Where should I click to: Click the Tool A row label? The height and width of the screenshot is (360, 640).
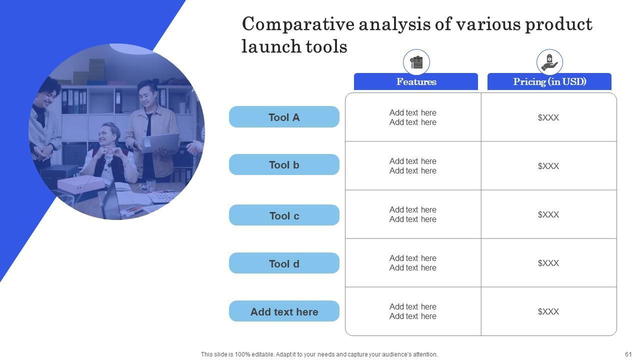point(284,117)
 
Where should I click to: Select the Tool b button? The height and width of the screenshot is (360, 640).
point(284,164)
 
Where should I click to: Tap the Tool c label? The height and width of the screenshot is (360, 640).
point(284,215)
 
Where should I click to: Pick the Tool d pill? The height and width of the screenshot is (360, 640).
point(284,263)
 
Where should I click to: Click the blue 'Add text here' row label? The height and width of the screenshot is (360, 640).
point(284,311)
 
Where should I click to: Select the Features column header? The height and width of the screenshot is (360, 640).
point(415,81)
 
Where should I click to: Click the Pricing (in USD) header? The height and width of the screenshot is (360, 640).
point(549,81)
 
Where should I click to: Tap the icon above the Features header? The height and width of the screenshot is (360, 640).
point(416,62)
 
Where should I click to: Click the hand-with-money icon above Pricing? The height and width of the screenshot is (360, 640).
point(549,62)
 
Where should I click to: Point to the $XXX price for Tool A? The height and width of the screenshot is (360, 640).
point(548,117)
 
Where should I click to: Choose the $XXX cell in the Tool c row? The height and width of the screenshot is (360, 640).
point(548,214)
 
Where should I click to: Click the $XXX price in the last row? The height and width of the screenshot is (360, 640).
point(548,311)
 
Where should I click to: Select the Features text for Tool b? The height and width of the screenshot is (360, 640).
point(413,166)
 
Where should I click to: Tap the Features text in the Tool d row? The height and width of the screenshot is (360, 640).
point(413,263)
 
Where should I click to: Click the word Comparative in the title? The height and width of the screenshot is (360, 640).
point(298,24)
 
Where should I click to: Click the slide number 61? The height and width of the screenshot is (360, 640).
point(628,354)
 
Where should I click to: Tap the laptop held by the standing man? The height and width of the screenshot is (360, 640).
point(161,143)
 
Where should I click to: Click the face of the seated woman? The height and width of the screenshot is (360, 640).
point(107,136)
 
